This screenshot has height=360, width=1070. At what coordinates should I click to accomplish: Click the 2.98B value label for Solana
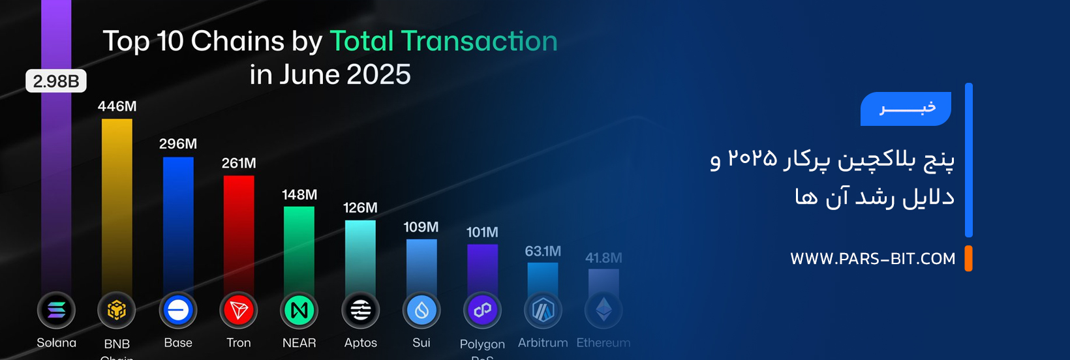[x=56, y=82]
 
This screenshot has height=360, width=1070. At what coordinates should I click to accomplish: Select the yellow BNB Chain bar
[x=117, y=202]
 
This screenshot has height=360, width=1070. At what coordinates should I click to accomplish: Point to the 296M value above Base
[x=178, y=144]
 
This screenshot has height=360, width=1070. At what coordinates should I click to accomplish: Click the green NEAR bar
[x=299, y=248]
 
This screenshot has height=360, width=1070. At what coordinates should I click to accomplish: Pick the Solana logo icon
[x=56, y=310]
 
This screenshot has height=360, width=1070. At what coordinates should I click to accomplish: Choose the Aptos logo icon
[x=360, y=310]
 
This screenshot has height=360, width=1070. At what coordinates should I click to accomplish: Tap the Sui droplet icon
[x=421, y=310]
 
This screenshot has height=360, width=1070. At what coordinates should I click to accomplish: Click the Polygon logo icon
[x=482, y=310]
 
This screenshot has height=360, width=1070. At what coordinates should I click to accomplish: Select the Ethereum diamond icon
[x=604, y=310]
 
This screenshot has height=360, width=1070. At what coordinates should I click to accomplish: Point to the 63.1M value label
[x=543, y=252]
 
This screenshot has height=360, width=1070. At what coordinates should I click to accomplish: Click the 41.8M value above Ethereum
[x=604, y=258]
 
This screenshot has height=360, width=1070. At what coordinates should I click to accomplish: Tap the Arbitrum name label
[x=543, y=343]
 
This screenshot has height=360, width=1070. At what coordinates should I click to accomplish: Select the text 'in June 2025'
[x=330, y=74]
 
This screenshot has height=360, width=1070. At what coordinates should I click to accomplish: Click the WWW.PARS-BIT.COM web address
[x=873, y=259]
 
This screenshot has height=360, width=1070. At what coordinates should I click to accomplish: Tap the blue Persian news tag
[x=906, y=108]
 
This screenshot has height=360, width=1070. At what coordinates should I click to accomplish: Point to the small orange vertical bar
[x=969, y=258]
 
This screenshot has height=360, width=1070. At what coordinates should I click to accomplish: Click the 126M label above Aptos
[x=360, y=208]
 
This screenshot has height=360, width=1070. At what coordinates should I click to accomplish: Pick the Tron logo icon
[x=239, y=310]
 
